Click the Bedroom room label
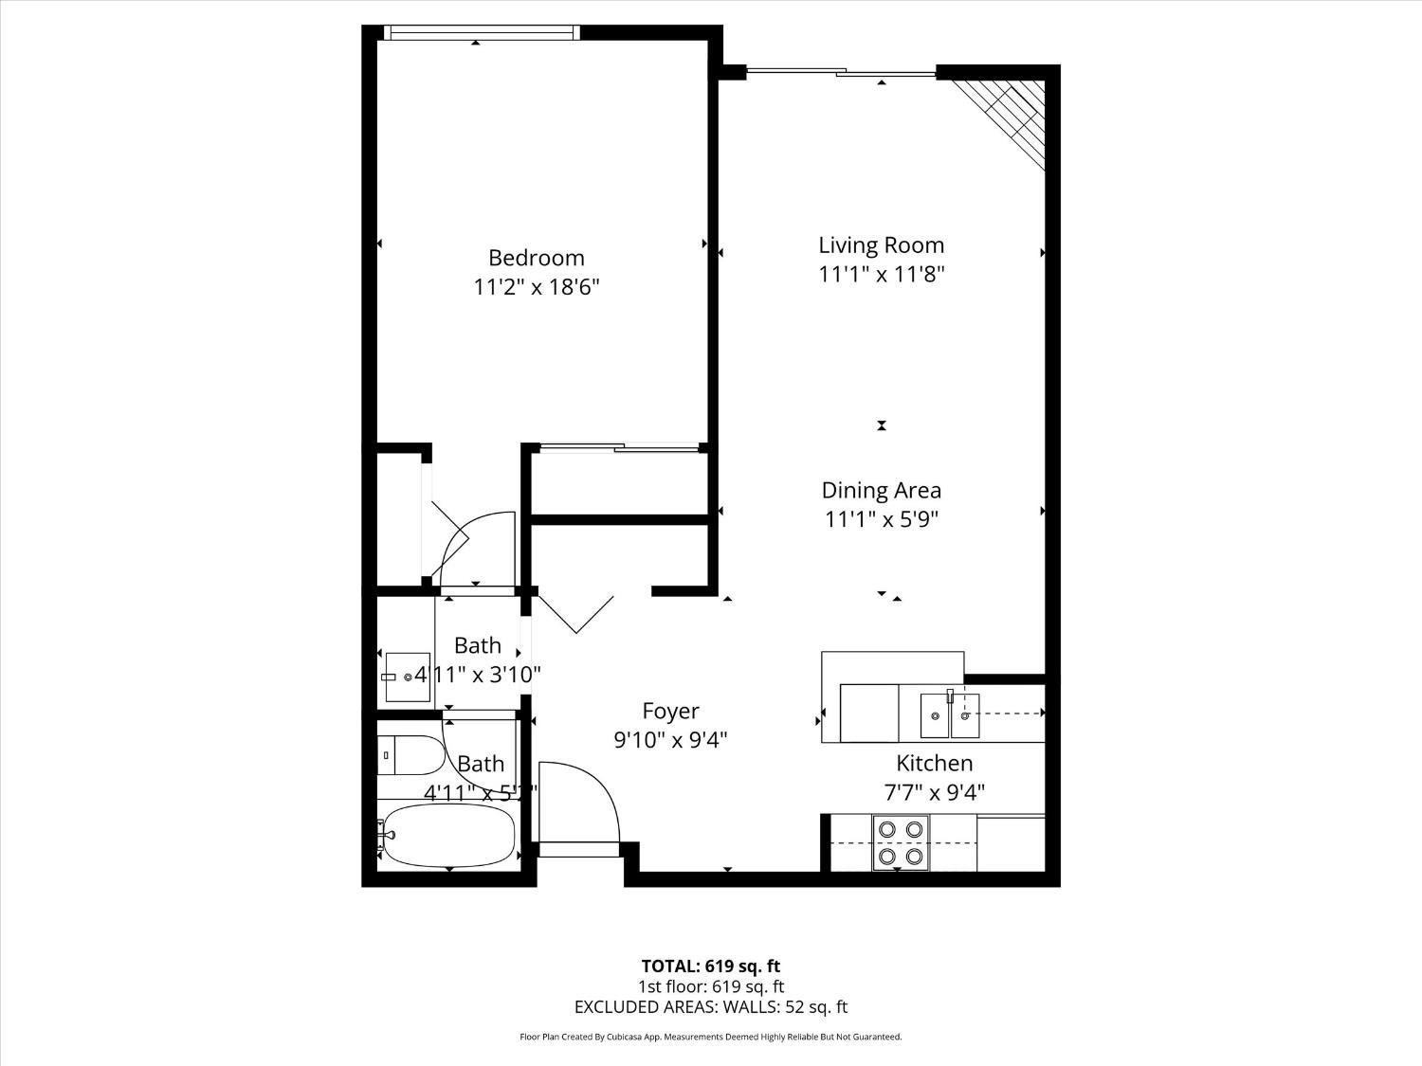(x=536, y=258)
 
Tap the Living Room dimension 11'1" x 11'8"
(x=882, y=275)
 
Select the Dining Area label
(x=881, y=490)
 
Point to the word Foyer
(x=670, y=711)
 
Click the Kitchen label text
(x=935, y=763)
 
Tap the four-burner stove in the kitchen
(x=901, y=842)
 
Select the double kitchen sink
(x=951, y=716)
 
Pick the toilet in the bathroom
(x=410, y=755)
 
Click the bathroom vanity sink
(x=406, y=677)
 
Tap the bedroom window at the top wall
(x=481, y=32)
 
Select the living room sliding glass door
(x=841, y=71)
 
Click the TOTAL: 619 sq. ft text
(x=710, y=967)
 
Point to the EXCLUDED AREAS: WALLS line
(x=710, y=1007)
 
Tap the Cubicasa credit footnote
(x=710, y=1038)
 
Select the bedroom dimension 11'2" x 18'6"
(x=537, y=287)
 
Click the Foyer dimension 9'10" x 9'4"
(x=670, y=740)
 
